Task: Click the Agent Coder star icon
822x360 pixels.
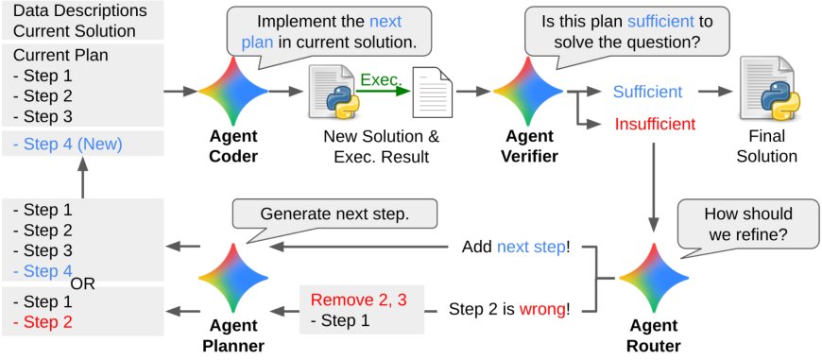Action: pos(232,93)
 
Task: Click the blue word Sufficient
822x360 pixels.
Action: pos(647,92)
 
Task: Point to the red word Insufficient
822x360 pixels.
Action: pos(655,124)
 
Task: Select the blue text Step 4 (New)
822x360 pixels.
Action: pos(68,145)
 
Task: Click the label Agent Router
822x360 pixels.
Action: pos(654,336)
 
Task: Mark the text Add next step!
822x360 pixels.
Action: pos(516,248)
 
